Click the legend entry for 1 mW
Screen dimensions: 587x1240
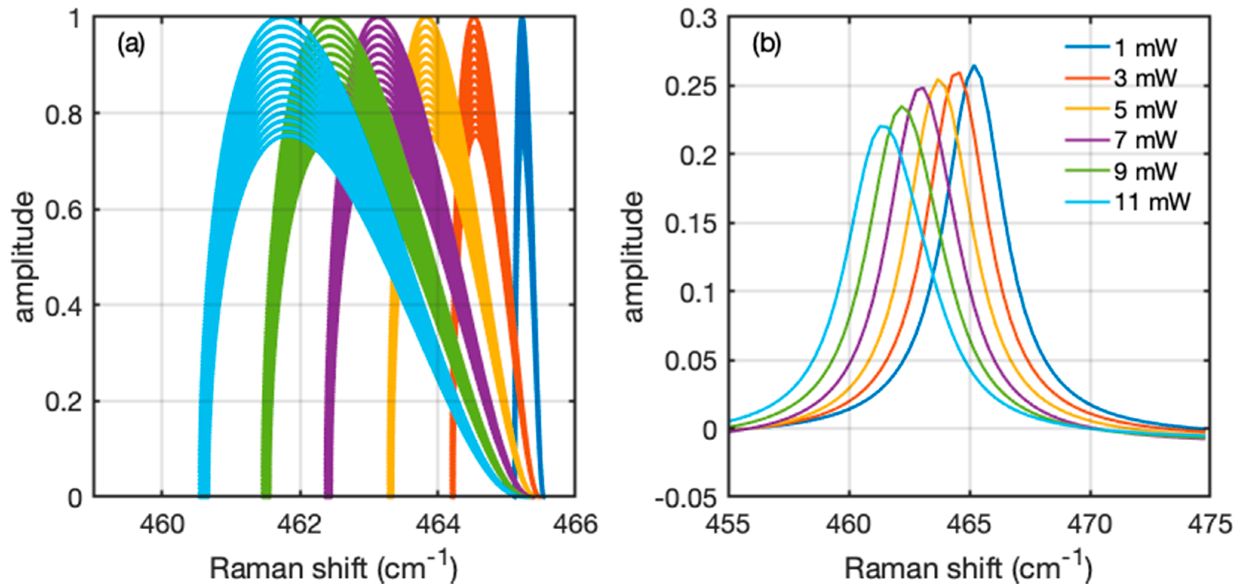tap(1145, 48)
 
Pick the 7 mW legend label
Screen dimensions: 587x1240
tap(1145, 140)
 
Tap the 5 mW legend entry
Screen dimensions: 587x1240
tap(1145, 109)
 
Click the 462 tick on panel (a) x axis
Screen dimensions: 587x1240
tap(300, 524)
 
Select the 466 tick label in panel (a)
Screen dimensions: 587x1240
tap(575, 524)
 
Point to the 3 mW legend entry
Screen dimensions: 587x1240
tap(1145, 78)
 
